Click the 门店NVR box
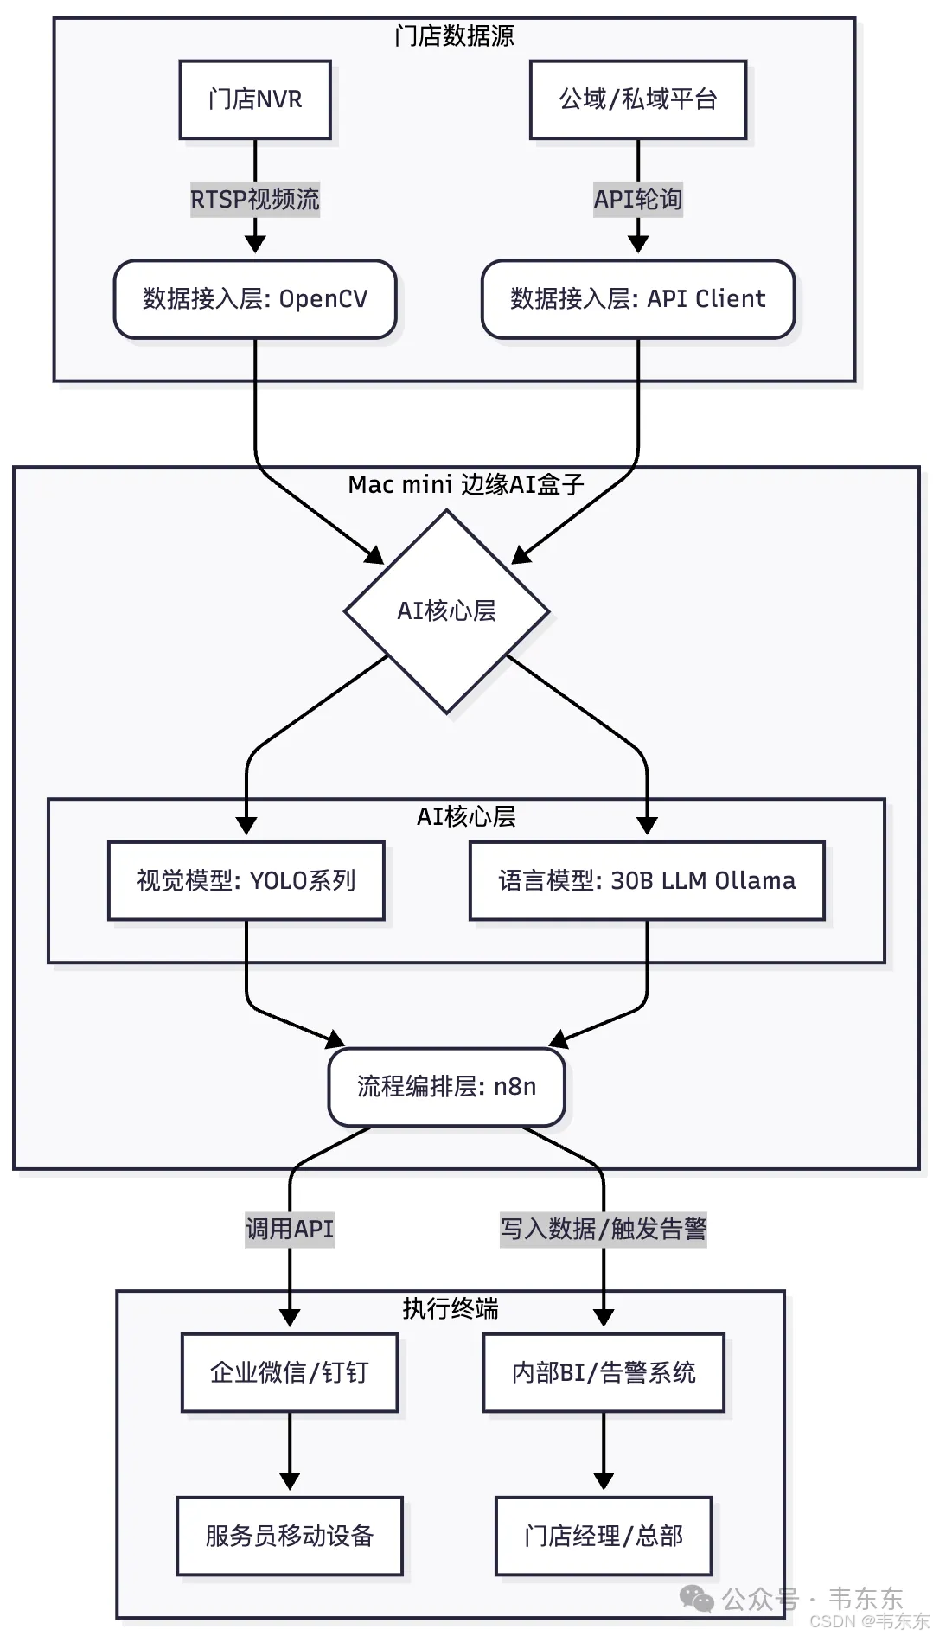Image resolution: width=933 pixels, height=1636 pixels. tap(255, 99)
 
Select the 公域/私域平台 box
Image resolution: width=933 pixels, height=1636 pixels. tap(638, 99)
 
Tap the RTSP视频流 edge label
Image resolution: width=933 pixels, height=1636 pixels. tap(255, 200)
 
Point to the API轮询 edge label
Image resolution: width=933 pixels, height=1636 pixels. tap(638, 200)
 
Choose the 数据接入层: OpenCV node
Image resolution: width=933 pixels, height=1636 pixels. tap(255, 299)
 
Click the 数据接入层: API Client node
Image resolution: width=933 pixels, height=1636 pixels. tap(638, 299)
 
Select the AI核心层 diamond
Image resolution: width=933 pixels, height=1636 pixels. tap(447, 611)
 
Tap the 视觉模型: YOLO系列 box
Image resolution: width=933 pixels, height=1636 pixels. tap(246, 880)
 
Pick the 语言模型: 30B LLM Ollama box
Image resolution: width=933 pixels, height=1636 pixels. tap(647, 880)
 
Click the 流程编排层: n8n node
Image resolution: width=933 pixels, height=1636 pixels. tap(447, 1087)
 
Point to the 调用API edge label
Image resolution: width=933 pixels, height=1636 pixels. tap(290, 1229)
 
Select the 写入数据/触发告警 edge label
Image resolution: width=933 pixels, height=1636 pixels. tap(604, 1229)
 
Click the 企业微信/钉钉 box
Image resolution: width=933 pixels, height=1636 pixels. tap(290, 1372)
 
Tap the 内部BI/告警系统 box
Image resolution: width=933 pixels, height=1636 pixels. tap(604, 1372)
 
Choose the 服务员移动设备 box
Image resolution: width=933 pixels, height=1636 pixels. tap(290, 1536)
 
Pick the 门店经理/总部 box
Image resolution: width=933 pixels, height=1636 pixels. tap(604, 1536)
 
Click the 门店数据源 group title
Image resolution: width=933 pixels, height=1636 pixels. tap(454, 36)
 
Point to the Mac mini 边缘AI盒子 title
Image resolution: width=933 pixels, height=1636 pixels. tap(466, 484)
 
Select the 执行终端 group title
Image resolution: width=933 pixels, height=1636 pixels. tap(451, 1308)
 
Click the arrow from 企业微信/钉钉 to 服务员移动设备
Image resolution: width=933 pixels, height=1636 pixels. tap(290, 1453)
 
